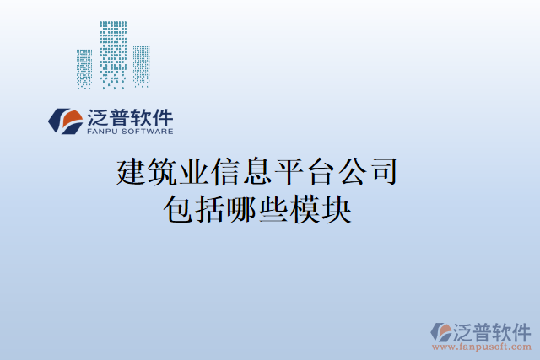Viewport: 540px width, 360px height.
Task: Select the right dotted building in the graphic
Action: [141, 65]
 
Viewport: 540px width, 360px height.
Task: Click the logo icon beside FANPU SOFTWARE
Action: [64, 121]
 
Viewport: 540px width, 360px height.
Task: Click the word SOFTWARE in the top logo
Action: [148, 132]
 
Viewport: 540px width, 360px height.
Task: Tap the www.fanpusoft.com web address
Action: [482, 346]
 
